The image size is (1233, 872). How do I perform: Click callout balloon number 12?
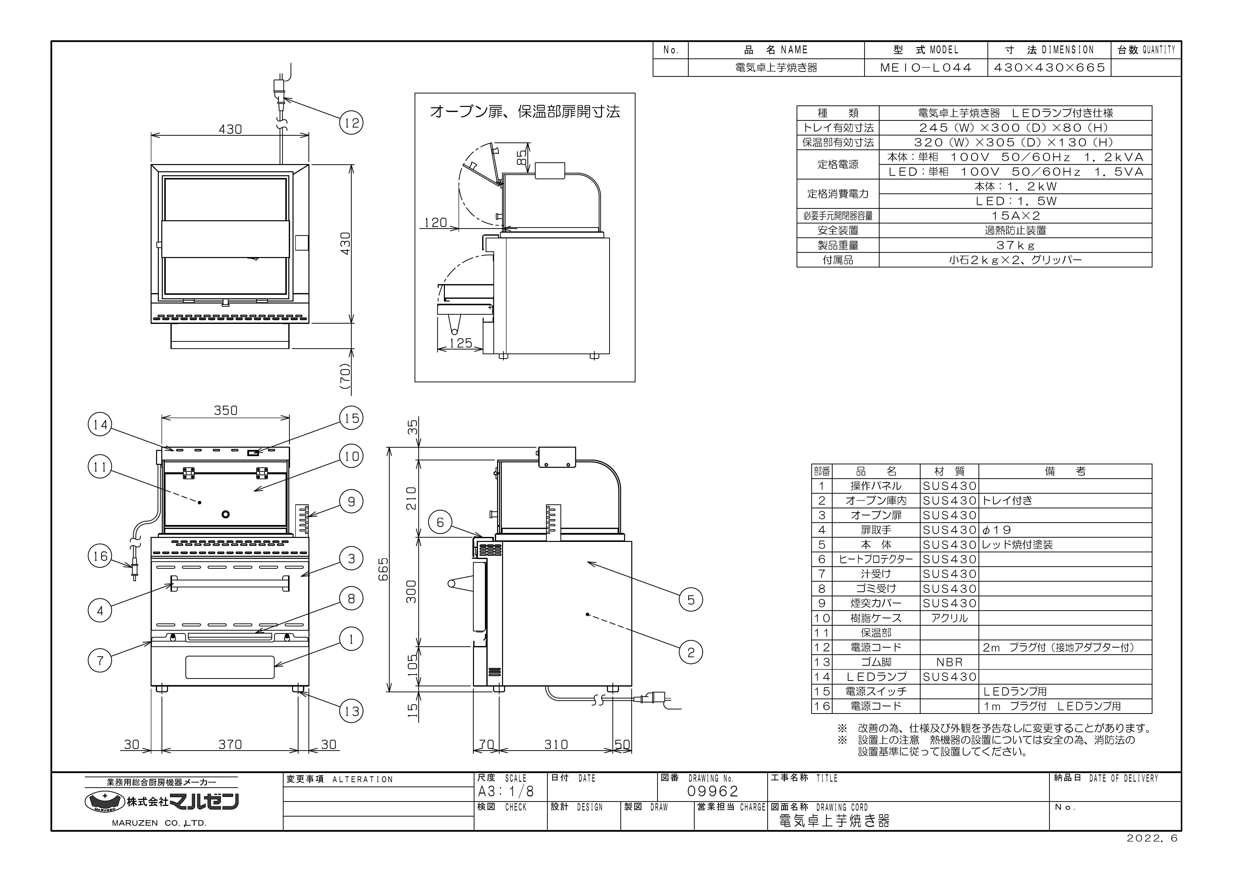coord(351,123)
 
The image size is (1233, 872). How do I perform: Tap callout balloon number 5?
coord(691,600)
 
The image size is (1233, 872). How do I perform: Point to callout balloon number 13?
coord(351,711)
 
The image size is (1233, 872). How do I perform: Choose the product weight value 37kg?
coord(1015,245)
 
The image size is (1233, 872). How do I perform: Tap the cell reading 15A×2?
coord(1015,216)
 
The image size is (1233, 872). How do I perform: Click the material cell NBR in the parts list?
coord(949,662)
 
